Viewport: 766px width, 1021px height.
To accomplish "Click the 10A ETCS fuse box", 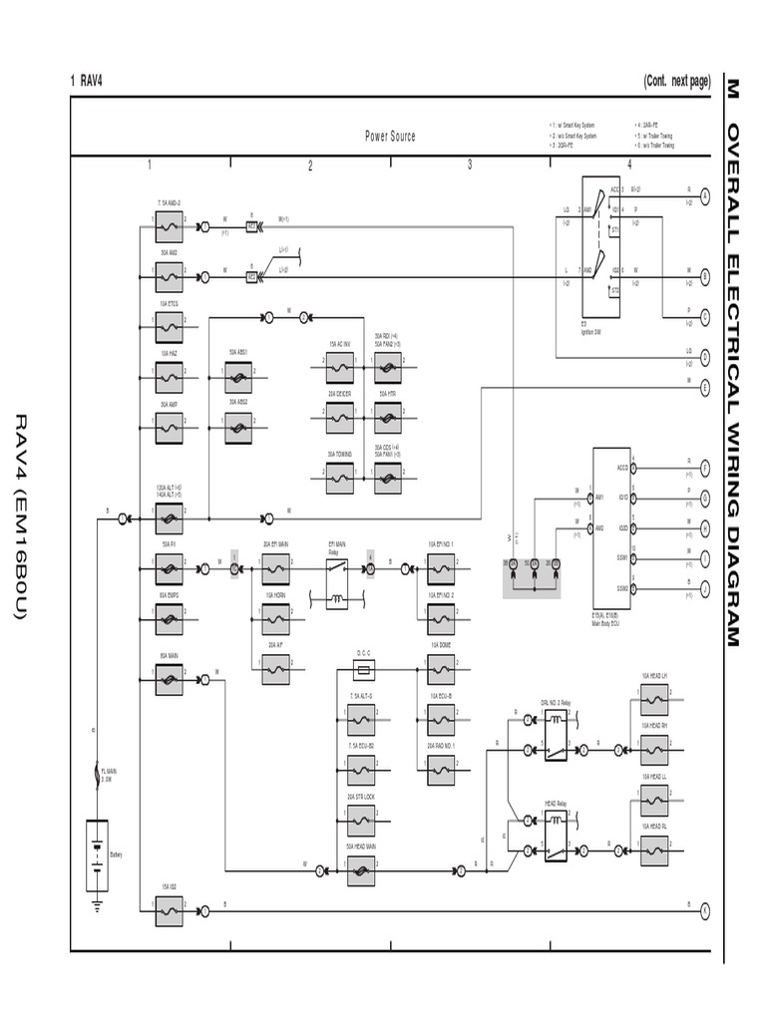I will click(x=169, y=323).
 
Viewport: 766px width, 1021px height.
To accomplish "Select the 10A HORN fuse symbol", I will click(x=276, y=620).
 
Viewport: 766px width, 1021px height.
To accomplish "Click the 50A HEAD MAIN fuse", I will click(x=361, y=870).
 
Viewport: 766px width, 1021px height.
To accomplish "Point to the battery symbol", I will click(x=97, y=853).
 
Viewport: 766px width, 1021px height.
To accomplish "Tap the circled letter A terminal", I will click(x=704, y=197).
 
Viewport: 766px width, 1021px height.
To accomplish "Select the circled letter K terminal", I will click(x=704, y=909).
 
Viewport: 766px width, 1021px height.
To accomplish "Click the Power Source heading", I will click(x=390, y=137).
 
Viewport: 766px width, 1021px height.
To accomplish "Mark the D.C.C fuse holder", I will click(x=363, y=671).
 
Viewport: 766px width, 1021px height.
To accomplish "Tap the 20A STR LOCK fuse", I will click(x=361, y=821).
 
